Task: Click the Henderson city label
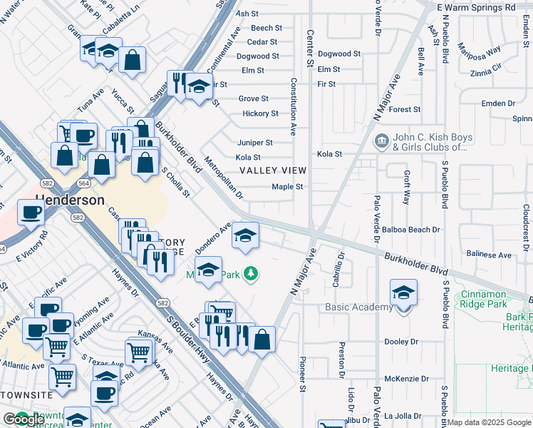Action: [x=70, y=200]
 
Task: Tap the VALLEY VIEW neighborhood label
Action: [x=273, y=170]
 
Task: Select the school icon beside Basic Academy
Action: [x=403, y=294]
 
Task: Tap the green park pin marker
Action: [x=250, y=273]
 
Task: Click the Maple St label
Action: [x=288, y=187]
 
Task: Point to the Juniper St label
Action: [x=255, y=143]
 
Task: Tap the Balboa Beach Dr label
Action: [x=411, y=230]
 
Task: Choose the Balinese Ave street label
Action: [x=488, y=255]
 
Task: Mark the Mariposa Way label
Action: [x=481, y=54]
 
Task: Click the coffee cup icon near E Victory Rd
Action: [x=30, y=213]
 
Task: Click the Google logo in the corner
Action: [x=24, y=419]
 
